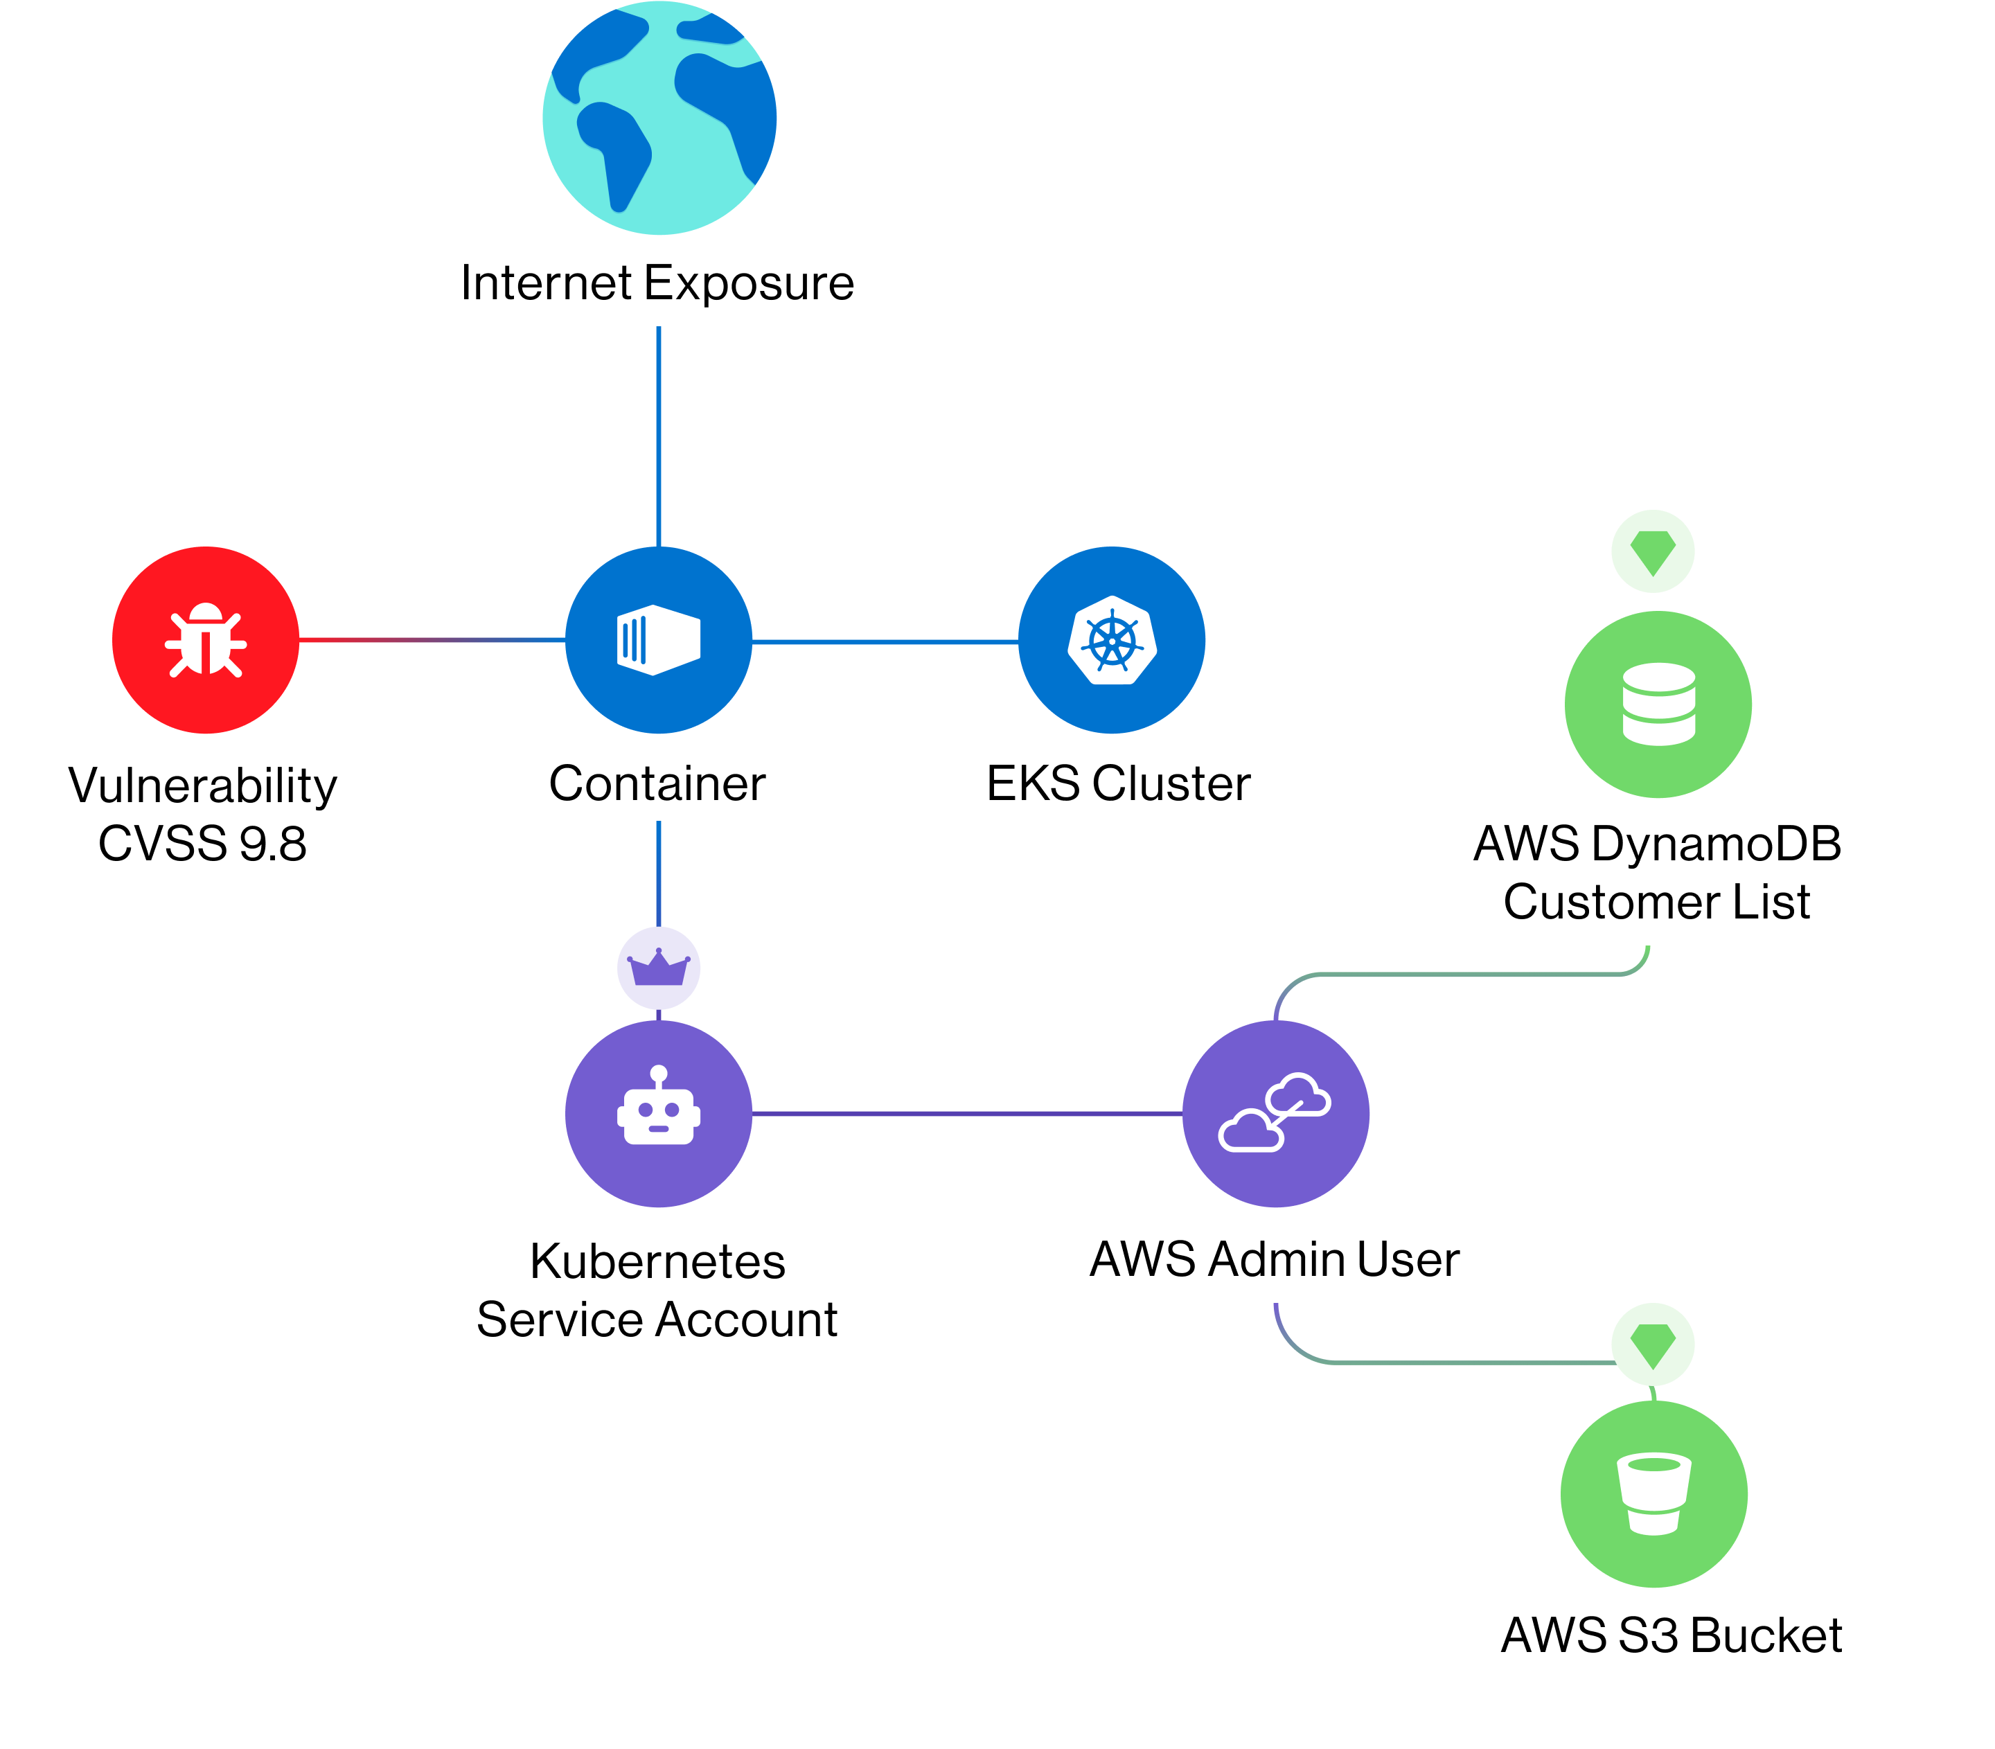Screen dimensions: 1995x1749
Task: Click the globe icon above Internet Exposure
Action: tap(659, 118)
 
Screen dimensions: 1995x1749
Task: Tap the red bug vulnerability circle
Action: tap(206, 640)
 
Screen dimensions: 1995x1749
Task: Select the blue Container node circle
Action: tap(659, 640)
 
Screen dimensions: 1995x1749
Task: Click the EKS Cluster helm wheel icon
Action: tap(1112, 640)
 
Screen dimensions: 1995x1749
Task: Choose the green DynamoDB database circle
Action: tap(1658, 704)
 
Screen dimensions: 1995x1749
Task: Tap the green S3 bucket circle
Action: tap(1654, 1494)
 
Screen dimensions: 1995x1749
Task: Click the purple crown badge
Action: tap(659, 968)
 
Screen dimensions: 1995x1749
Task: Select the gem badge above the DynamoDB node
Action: tap(1653, 551)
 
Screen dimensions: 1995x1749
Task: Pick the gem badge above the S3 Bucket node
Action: tap(1653, 1344)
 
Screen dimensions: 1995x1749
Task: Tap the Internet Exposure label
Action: tap(658, 284)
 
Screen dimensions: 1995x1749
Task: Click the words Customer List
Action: tap(1657, 902)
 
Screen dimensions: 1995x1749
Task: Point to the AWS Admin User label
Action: tap(1275, 1259)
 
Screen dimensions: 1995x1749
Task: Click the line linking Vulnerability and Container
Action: tap(432, 640)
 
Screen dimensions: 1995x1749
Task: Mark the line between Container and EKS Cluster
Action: tap(885, 641)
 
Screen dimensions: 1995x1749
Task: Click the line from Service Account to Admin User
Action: tap(967, 1114)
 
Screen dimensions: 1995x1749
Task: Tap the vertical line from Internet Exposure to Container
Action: tap(659, 436)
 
